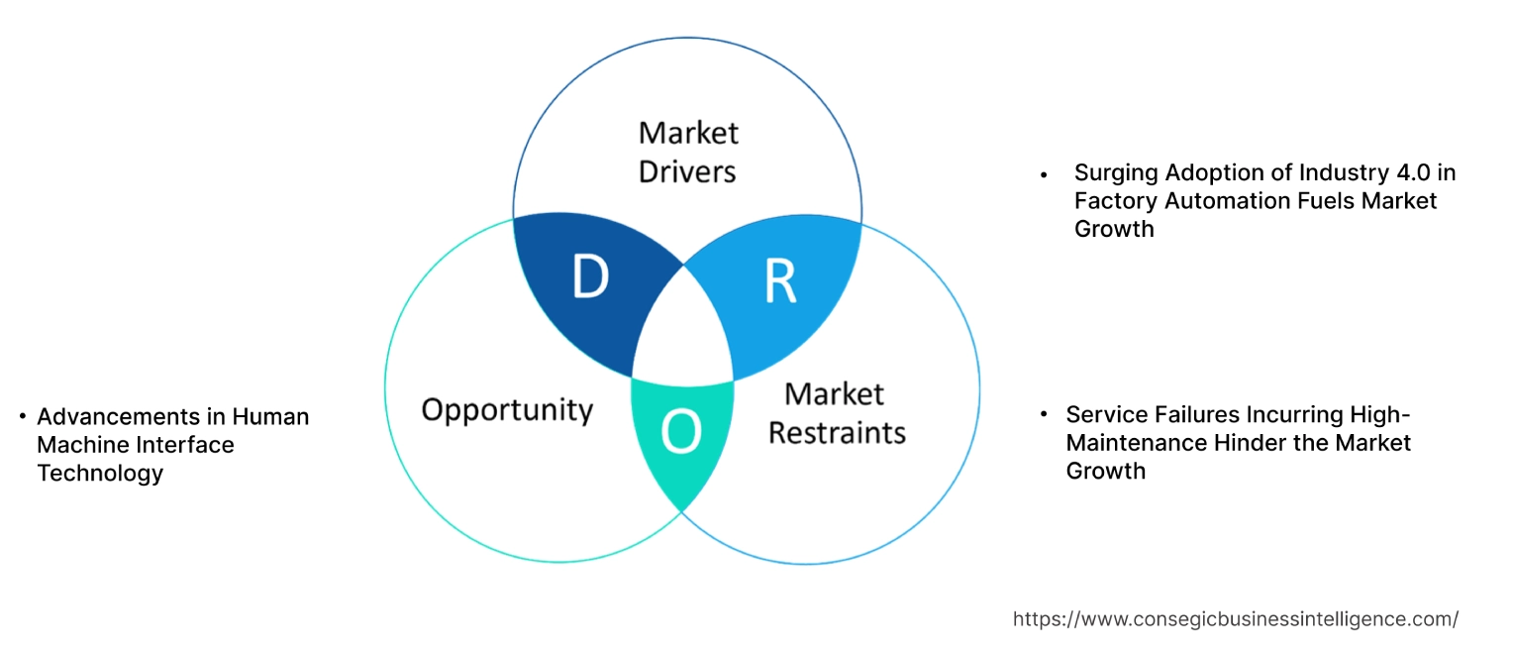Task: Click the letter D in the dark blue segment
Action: point(589,277)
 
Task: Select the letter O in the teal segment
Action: point(681,432)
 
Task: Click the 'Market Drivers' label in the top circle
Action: point(688,152)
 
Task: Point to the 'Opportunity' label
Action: point(507,409)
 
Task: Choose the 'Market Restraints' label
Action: point(837,413)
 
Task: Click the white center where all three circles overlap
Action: point(682,327)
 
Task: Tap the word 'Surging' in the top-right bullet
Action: point(1117,173)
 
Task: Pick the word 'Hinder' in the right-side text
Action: point(1244,442)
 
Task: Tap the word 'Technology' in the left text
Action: point(100,474)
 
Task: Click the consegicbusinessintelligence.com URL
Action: point(1235,619)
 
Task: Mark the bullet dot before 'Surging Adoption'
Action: point(1043,174)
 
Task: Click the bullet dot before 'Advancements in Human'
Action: point(23,417)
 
